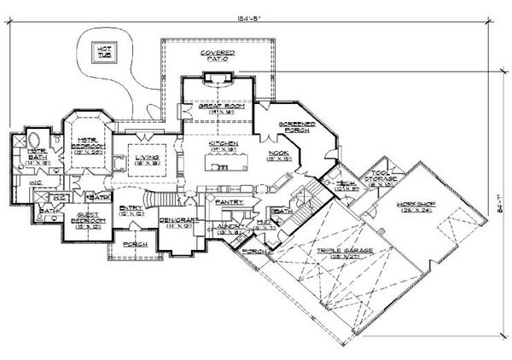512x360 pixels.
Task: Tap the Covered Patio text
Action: [x=218, y=56]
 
